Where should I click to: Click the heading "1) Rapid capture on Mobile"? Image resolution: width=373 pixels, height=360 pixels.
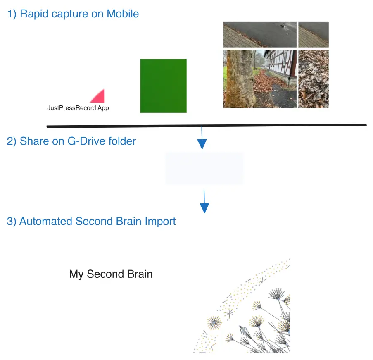[73, 14]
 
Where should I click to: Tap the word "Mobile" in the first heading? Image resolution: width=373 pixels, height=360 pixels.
[123, 14]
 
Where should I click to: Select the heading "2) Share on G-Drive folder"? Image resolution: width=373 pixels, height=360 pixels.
[71, 141]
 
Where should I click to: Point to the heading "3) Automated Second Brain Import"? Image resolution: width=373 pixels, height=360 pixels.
[91, 221]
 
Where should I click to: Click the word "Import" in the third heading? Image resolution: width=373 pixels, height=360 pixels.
[160, 222]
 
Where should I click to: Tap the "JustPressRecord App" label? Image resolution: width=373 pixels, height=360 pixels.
[78, 108]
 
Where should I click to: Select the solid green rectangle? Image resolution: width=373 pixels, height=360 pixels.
[164, 86]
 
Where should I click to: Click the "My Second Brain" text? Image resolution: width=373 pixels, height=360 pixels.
[111, 274]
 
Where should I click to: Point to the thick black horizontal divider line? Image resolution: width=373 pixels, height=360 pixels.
[207, 126]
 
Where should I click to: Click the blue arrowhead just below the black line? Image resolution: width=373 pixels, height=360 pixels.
[202, 144]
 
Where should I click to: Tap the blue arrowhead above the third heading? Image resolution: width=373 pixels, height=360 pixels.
[204, 208]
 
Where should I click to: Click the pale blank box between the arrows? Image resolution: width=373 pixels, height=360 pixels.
[204, 168]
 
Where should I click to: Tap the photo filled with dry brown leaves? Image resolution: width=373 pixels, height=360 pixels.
[314, 79]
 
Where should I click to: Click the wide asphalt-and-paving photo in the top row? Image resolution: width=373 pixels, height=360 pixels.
[260, 35]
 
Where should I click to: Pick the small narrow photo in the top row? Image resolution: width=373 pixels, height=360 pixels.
[314, 35]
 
